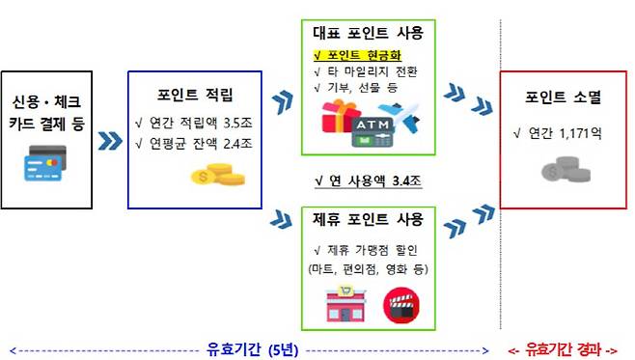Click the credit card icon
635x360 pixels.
click(x=46, y=165)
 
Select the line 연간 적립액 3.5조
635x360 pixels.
click(x=198, y=124)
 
